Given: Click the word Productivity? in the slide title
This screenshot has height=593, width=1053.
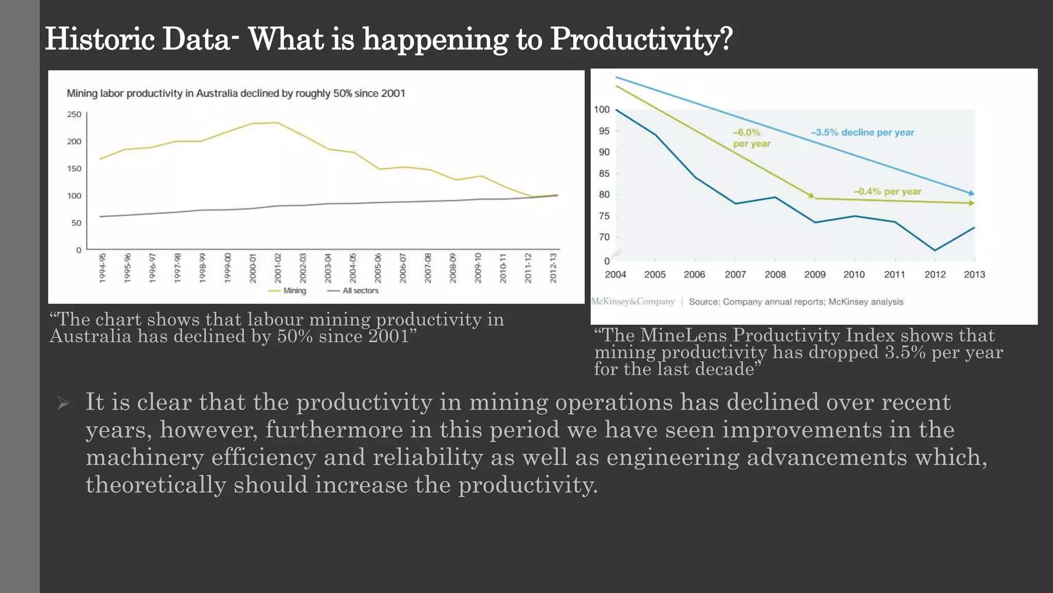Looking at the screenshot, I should point(641,39).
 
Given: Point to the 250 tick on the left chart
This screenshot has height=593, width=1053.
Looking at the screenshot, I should point(74,114).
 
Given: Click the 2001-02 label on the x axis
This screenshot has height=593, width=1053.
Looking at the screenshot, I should point(278,268).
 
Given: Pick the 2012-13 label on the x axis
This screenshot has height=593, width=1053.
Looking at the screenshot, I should point(553,268).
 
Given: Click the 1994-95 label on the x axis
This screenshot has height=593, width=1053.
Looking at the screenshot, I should point(102,268).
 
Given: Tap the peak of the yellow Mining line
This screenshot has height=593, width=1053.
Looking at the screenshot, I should point(278,123).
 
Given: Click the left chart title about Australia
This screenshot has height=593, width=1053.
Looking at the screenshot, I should point(235,93).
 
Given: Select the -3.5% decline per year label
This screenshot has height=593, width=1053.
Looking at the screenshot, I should point(862,132).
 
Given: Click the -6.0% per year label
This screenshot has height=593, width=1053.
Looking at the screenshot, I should point(751,138).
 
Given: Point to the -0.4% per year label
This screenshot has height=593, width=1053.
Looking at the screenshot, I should point(887,191).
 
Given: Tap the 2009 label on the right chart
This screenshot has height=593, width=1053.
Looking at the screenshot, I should point(814,274).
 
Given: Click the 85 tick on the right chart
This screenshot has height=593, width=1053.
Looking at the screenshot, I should point(604,173).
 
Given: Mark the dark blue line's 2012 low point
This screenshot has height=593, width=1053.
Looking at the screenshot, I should point(935,251).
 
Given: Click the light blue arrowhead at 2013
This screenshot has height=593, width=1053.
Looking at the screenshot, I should point(971,193).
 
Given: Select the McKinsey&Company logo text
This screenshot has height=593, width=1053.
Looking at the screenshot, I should point(632,302).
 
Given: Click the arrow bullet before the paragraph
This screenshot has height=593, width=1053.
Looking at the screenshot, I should point(63,403).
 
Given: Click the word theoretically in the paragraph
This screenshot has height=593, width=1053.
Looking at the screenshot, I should point(156,485).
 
